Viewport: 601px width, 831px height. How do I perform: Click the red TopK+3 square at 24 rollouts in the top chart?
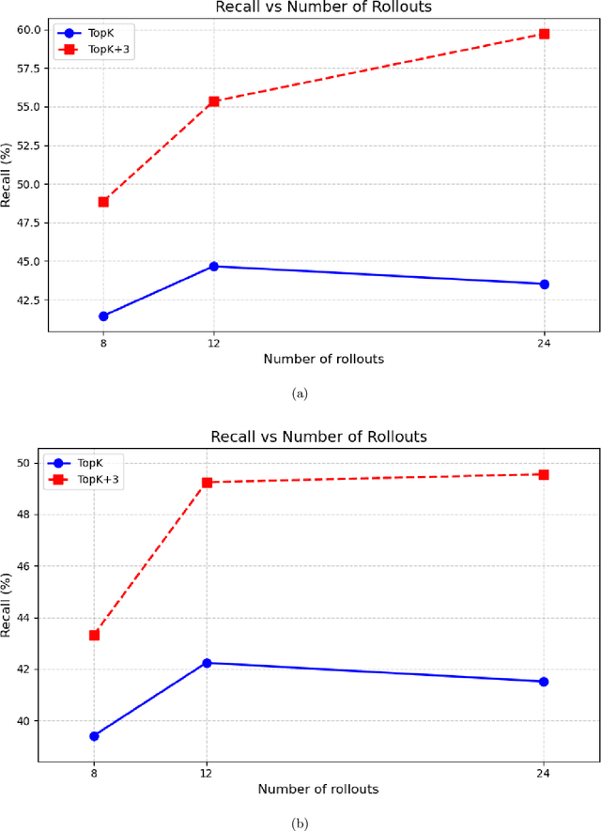(544, 34)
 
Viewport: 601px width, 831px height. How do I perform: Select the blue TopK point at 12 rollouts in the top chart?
(213, 267)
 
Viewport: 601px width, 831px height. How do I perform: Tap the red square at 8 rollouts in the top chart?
(103, 202)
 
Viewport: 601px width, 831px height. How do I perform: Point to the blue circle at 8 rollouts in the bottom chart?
(94, 736)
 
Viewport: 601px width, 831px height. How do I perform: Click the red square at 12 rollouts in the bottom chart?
(207, 483)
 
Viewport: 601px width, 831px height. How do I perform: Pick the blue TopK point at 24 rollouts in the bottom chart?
(544, 682)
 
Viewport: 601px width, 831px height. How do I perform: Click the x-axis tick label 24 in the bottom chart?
(544, 773)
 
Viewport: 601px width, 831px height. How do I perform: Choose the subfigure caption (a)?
(300, 394)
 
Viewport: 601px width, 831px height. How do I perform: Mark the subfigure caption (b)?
(300, 823)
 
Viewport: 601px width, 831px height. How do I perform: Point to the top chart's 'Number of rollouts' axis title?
(323, 360)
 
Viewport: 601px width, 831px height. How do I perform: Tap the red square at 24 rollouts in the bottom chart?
(544, 475)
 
